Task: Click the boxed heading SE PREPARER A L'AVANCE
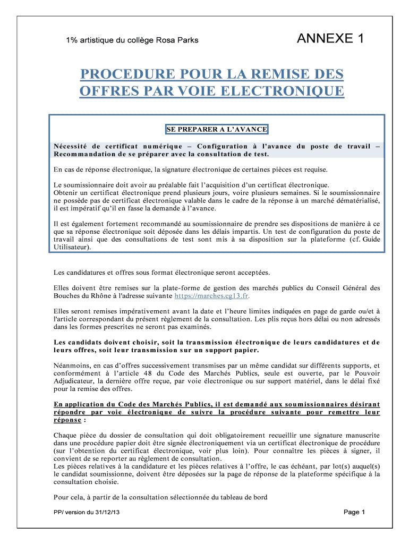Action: point(217,129)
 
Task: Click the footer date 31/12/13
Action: point(104,513)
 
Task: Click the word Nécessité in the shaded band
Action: point(72,146)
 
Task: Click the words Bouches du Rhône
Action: point(84,296)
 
